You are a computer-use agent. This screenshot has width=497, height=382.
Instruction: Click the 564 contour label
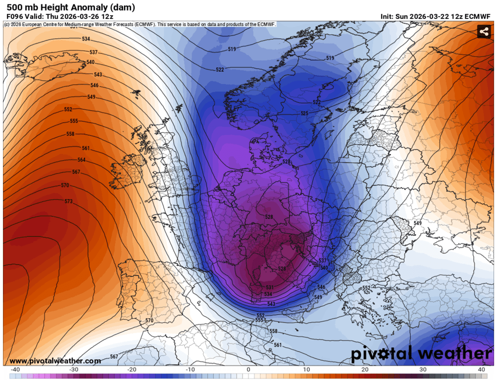82,160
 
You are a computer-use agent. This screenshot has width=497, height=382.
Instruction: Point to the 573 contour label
69,202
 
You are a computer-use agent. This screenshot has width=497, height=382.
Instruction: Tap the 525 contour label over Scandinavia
305,113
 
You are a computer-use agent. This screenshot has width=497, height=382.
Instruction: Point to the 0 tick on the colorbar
248,370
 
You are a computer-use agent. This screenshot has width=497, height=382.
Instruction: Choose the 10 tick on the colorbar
307,370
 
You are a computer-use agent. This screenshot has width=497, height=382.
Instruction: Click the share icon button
483,31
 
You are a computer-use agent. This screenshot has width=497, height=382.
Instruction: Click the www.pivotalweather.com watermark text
55,361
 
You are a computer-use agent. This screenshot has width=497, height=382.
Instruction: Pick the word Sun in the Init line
403,17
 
